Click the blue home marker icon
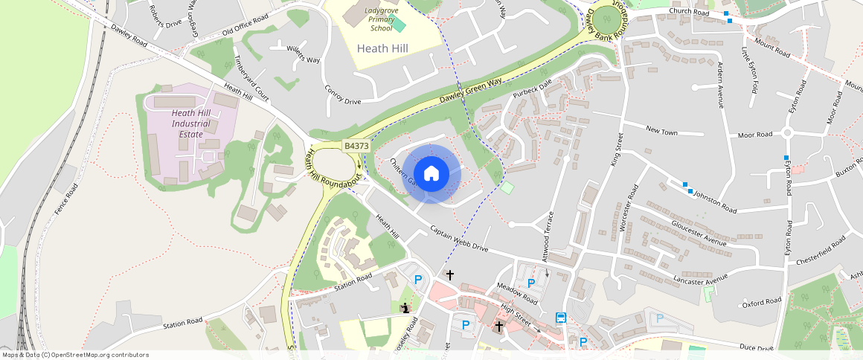point(431,174)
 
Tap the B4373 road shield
point(356,147)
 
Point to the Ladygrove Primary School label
point(381,19)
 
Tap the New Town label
point(661,131)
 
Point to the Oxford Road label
point(763,303)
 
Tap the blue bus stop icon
point(560,318)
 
